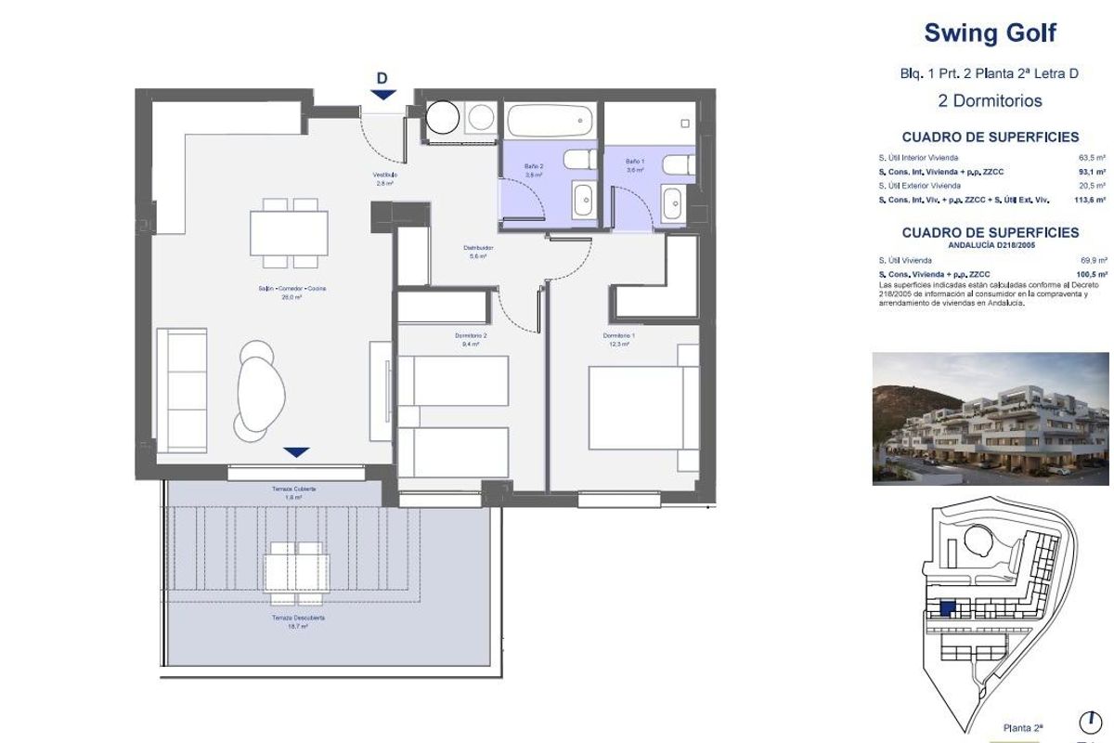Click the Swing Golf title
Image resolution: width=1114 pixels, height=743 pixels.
[x=990, y=34]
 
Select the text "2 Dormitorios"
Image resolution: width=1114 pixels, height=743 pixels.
[x=990, y=100]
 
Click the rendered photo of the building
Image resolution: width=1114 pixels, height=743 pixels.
[x=990, y=418]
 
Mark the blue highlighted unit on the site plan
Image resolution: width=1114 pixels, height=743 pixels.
[x=947, y=610]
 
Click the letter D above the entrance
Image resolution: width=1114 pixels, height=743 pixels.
[x=382, y=78]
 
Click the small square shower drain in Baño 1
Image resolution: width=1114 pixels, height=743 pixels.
[x=685, y=124]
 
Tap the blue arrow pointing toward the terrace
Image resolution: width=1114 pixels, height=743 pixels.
[x=296, y=452]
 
